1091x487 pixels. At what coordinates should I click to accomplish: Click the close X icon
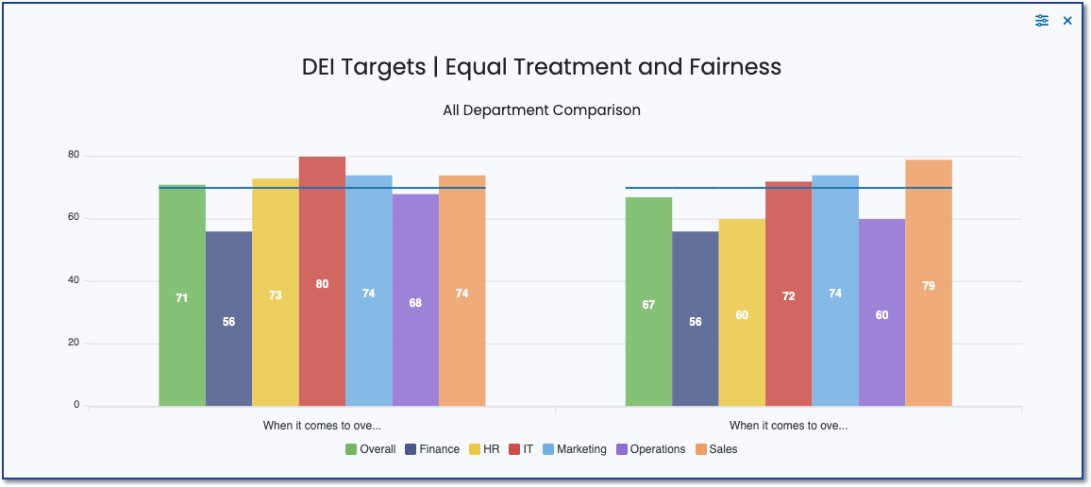click(x=1067, y=21)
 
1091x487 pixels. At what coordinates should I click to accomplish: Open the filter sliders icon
click(x=1042, y=21)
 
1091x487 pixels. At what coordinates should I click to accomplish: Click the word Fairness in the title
click(x=739, y=67)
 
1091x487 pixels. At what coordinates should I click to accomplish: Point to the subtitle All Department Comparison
click(x=542, y=110)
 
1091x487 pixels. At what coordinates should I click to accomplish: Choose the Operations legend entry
click(x=650, y=449)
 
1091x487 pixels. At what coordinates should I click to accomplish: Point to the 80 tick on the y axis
click(x=73, y=156)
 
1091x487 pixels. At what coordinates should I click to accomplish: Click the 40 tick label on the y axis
click(x=73, y=280)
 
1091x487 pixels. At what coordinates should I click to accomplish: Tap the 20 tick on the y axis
click(x=73, y=343)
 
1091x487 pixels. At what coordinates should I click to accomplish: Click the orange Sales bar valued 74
click(x=462, y=293)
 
